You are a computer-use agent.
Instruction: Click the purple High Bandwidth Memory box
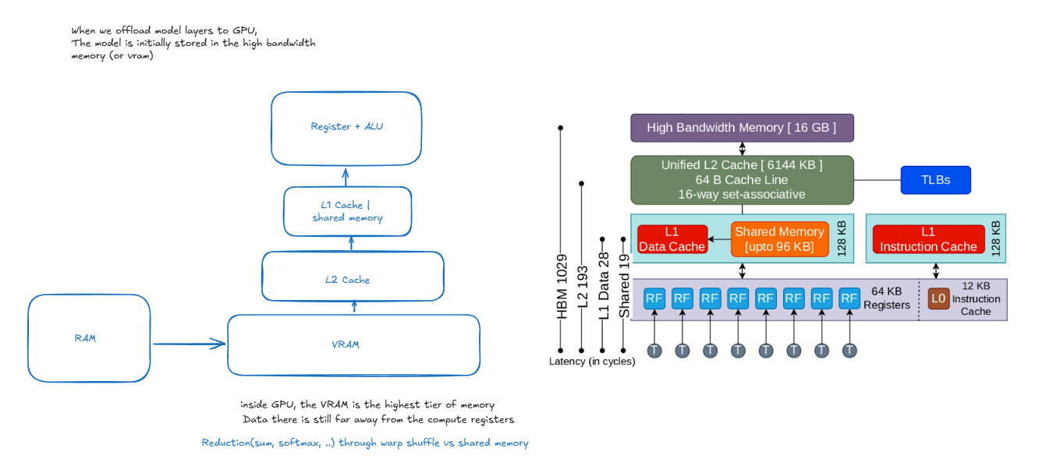[x=741, y=128]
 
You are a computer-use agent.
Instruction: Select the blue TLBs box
[x=935, y=180]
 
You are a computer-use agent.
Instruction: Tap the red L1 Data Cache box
[x=672, y=239]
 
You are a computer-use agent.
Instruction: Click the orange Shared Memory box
[x=778, y=239]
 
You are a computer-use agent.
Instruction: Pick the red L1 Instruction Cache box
[x=927, y=239]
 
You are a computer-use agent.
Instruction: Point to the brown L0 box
[x=938, y=298]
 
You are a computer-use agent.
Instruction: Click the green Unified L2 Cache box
[x=741, y=179]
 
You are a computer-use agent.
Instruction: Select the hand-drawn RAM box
[x=88, y=338]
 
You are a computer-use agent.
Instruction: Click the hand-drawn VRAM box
[x=353, y=344]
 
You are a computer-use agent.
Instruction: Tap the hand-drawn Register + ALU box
[x=346, y=127]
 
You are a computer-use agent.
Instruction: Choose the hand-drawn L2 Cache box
[x=352, y=277]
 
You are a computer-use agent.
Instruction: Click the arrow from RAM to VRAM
[x=188, y=343]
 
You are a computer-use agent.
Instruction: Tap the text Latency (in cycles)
[x=591, y=362]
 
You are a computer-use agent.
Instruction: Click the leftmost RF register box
[x=654, y=298]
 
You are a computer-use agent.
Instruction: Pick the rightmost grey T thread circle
[x=849, y=351]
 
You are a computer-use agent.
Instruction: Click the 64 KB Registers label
[x=886, y=298]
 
